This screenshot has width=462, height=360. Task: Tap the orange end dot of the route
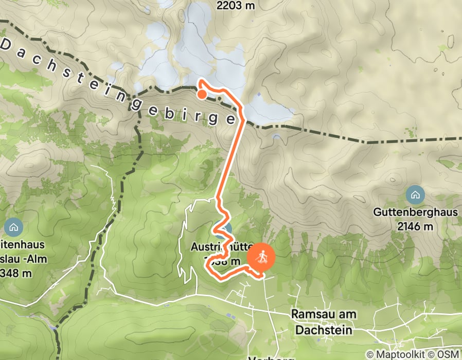[202, 94]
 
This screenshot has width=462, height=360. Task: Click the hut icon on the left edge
[12, 227]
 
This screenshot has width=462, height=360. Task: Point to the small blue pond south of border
[277, 137]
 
